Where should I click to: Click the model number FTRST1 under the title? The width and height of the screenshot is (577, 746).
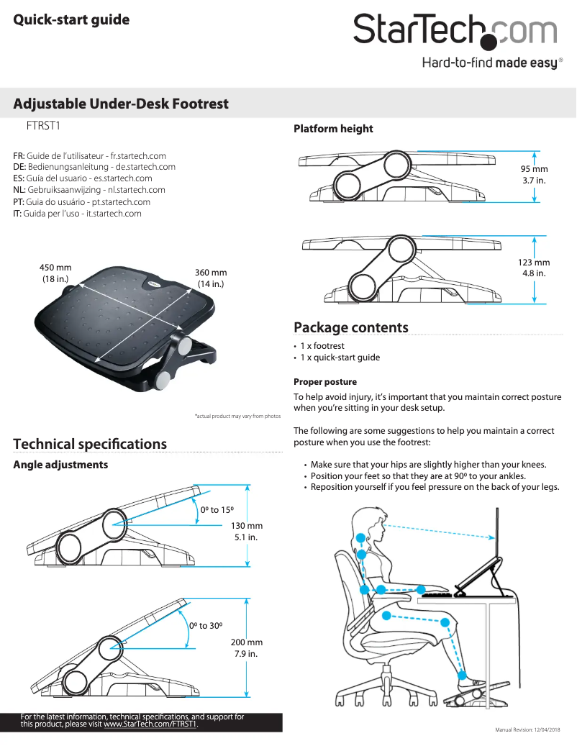pos(42,126)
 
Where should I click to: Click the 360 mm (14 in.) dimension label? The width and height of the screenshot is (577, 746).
pos(211,278)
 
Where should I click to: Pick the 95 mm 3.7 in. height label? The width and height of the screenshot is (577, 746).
pos(534,174)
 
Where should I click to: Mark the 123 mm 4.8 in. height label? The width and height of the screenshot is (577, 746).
pos(534,268)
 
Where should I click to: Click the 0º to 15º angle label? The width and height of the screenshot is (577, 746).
pos(219,509)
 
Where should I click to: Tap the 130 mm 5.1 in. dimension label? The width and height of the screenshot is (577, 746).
pos(247,532)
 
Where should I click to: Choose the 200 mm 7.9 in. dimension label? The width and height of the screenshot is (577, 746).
pos(246,648)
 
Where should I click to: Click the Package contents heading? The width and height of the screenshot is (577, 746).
pos(350,328)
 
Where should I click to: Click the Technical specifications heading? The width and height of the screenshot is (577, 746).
pos(90,444)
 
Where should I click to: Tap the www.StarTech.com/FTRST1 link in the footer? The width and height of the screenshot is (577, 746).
pos(150,724)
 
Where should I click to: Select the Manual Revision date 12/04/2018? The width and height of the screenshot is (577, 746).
pos(532,729)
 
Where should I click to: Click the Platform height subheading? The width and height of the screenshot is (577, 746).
pos(333,129)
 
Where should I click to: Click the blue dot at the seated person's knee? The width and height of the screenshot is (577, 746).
pos(450,622)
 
